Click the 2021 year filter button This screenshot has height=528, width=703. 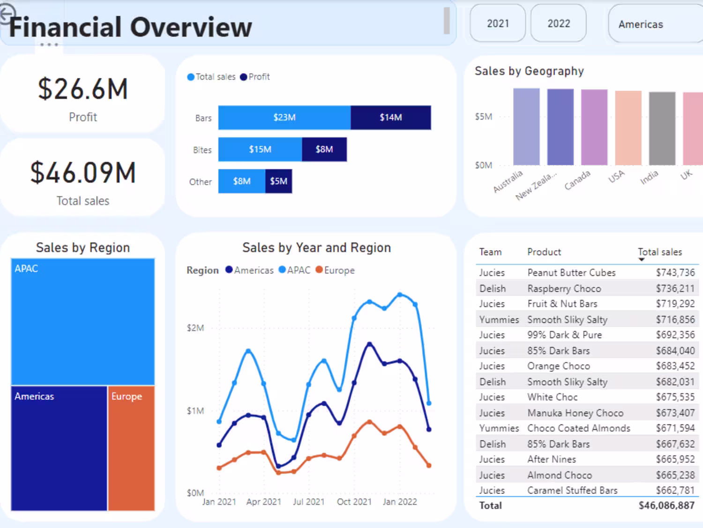(x=498, y=23)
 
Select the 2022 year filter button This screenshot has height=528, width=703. (x=559, y=23)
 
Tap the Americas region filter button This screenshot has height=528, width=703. (x=641, y=24)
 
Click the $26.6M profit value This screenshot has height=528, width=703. (x=83, y=89)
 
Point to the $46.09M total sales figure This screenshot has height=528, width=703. (x=83, y=173)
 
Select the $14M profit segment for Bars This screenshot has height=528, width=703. (x=390, y=117)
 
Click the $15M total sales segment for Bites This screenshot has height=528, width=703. (x=260, y=149)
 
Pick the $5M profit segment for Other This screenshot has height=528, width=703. (x=278, y=181)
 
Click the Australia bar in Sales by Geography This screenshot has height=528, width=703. (x=526, y=127)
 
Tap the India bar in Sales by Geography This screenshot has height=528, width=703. (x=662, y=128)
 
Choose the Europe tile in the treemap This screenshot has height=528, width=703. (x=131, y=448)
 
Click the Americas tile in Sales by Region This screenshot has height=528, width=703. (x=59, y=448)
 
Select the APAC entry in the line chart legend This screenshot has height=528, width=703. (x=295, y=270)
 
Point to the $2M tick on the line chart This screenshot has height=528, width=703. (x=195, y=328)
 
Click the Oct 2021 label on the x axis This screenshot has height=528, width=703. (x=354, y=502)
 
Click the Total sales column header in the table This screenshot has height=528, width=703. (x=660, y=252)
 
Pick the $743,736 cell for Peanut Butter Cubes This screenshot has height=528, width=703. (x=675, y=272)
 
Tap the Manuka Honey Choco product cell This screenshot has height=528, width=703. (x=575, y=413)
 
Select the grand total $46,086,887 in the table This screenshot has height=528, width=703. (x=666, y=505)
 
